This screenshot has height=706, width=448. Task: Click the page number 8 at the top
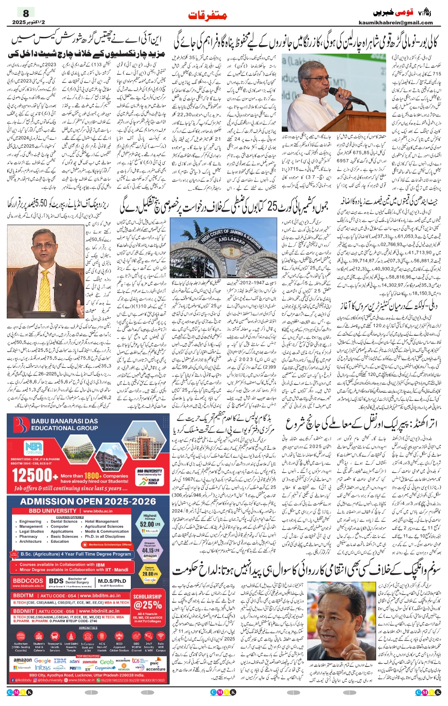coord(26,13)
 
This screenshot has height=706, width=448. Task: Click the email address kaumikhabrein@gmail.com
coord(395,23)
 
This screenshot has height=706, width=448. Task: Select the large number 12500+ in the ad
coord(34,476)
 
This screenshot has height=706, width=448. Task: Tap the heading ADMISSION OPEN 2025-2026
coord(88,501)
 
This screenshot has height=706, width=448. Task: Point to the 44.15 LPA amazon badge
coord(149,550)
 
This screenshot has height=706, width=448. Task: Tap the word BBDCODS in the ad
coord(28,581)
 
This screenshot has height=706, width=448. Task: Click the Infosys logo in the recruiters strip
coord(43,667)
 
